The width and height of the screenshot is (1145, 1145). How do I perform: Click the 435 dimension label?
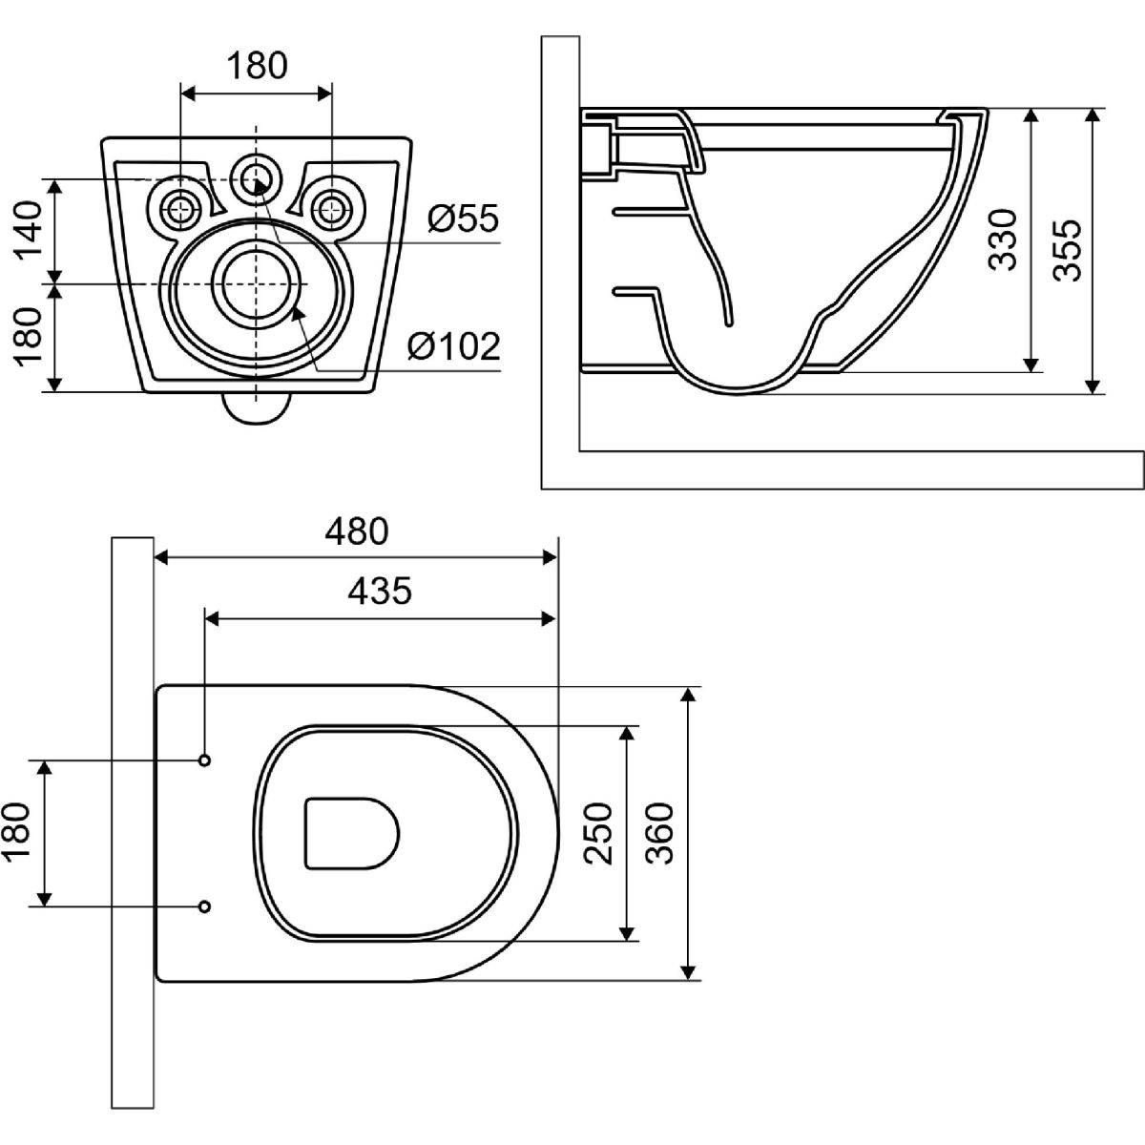[380, 592]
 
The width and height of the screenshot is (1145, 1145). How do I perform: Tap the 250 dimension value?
[598, 833]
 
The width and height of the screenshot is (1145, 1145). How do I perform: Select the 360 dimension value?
[659, 833]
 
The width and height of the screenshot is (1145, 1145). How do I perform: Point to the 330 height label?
[1003, 240]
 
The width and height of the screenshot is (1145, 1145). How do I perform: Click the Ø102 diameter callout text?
[453, 346]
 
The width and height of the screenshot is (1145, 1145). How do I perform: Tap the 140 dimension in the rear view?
[29, 231]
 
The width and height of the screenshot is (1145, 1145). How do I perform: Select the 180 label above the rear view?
[257, 66]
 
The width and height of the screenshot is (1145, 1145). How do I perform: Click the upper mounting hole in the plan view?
[204, 760]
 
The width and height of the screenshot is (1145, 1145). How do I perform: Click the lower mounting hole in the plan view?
[204, 906]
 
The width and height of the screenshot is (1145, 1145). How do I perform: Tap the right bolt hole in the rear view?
[331, 206]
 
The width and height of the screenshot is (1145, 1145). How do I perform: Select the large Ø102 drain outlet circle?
[256, 283]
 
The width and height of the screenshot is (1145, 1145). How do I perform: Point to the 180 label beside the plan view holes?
[21, 833]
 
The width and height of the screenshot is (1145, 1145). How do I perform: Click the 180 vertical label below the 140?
[29, 336]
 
